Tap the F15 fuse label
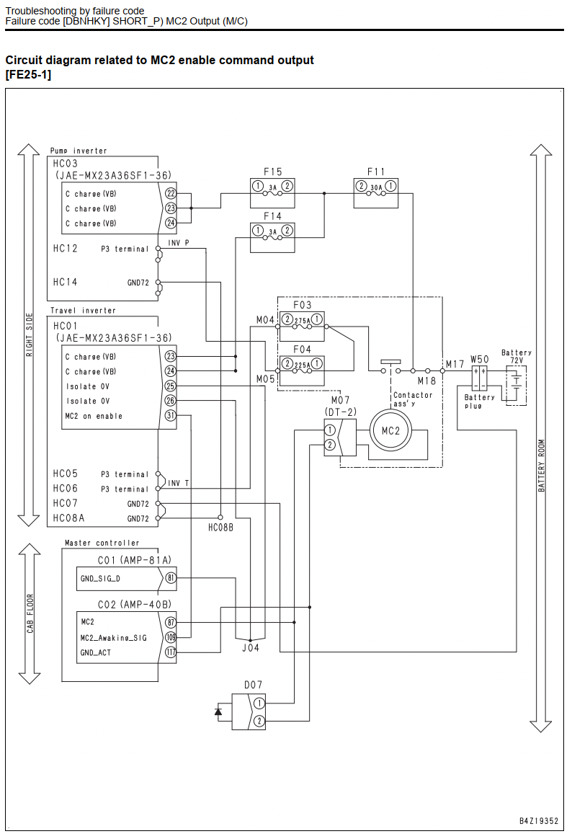[272, 172]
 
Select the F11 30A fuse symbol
[376, 187]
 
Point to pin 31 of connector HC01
[171, 415]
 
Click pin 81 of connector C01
[171, 578]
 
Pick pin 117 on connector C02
[171, 652]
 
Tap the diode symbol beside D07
[218, 711]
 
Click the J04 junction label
[250, 647]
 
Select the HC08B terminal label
[220, 528]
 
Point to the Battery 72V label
[517, 356]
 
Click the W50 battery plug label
[480, 359]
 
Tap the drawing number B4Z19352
[539, 821]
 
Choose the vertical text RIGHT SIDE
[30, 335]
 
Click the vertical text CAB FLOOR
[30, 613]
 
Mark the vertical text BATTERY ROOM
[541, 466]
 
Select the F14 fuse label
[272, 216]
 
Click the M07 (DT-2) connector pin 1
[331, 430]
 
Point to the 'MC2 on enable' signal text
[94, 416]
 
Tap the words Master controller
[102, 543]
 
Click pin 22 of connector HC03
[171, 193]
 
